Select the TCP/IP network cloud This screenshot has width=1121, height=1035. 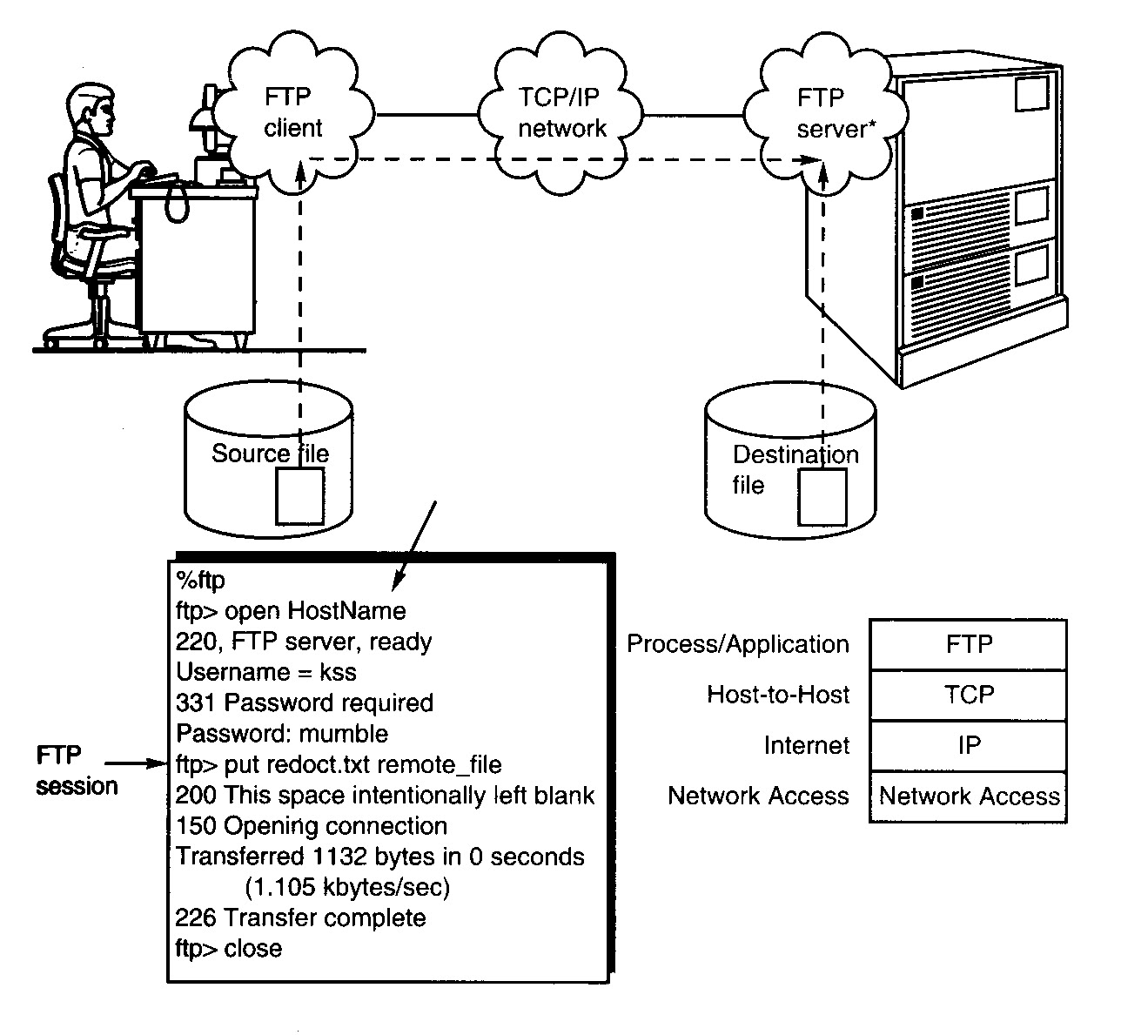pyautogui.click(x=561, y=112)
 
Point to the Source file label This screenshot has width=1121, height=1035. pyautogui.click(x=270, y=454)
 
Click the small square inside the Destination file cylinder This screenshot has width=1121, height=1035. pyautogui.click(x=822, y=497)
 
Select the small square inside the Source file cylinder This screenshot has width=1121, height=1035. pyautogui.click(x=300, y=496)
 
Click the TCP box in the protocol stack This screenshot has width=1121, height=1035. pyautogui.click(x=968, y=695)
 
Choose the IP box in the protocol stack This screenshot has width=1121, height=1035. pyautogui.click(x=968, y=745)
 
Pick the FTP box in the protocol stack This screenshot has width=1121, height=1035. pyautogui.click(x=968, y=644)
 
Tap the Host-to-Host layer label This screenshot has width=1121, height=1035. pyautogui.click(x=778, y=695)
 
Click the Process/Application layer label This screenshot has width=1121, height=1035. pyautogui.click(x=738, y=644)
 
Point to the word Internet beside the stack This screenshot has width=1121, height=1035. pyautogui.click(x=806, y=745)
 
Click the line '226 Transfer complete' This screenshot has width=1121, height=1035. pyautogui.click(x=300, y=917)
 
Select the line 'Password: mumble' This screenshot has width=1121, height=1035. pyautogui.click(x=282, y=733)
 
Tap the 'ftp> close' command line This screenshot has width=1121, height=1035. pyautogui.click(x=229, y=948)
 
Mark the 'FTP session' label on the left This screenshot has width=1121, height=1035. pyautogui.click(x=77, y=770)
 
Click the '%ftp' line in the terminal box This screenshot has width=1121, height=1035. pyautogui.click(x=201, y=580)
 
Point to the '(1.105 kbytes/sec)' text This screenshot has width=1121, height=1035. pyautogui.click(x=347, y=888)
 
